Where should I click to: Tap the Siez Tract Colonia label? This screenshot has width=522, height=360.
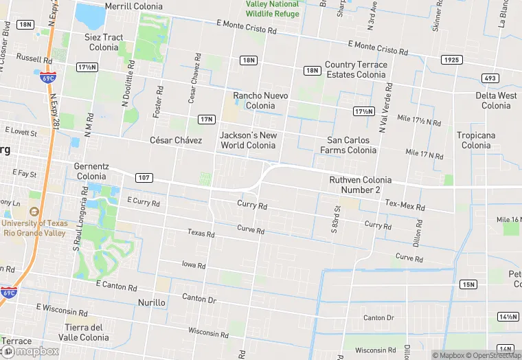point(104,42)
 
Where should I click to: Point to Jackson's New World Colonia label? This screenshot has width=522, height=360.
point(248,140)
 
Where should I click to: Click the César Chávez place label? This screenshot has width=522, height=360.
point(176,140)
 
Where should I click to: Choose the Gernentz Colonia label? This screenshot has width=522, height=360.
point(91,171)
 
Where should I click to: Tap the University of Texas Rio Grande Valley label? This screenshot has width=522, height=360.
point(35,227)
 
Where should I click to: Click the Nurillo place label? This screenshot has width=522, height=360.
point(152,302)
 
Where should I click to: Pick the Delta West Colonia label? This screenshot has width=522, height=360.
point(496,100)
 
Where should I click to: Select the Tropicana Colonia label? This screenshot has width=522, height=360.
point(476,140)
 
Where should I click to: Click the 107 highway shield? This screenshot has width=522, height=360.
point(144,177)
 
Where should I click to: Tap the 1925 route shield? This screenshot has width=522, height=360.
point(451,60)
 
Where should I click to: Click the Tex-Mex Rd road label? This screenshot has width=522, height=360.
point(405,205)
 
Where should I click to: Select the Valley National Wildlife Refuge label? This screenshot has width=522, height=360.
point(273,8)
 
